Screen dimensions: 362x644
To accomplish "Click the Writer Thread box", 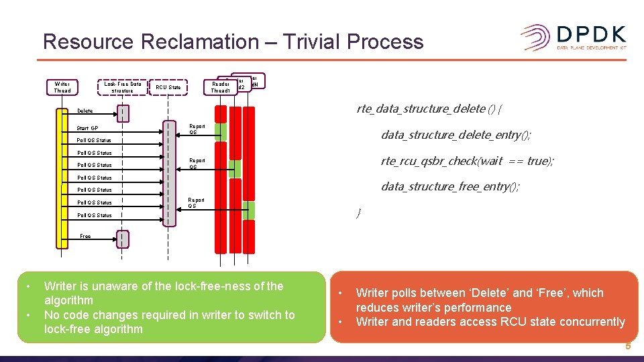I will [x=62, y=87].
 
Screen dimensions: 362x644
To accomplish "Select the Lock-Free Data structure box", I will [x=121, y=87].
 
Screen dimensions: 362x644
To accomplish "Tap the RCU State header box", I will [x=168, y=87].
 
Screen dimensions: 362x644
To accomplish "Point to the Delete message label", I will [x=85, y=111].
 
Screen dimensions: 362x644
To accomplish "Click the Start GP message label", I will [x=87, y=128].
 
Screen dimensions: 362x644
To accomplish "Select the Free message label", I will [x=85, y=236].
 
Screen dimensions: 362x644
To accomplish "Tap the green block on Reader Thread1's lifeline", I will [x=221, y=131].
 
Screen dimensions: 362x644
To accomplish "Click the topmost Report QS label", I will [x=197, y=129].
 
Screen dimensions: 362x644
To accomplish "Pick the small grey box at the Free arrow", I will [x=122, y=238].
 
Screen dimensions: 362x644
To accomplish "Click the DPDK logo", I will [x=574, y=37].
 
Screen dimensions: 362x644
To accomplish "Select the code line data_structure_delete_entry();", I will [x=456, y=135].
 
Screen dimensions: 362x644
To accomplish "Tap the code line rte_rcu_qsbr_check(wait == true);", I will [x=467, y=161].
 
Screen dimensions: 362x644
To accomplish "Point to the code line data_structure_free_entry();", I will [x=450, y=186].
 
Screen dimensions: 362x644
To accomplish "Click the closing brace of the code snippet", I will [x=359, y=213].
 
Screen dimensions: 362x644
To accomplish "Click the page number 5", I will [x=628, y=347].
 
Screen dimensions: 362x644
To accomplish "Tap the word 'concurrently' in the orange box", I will [x=590, y=322].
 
